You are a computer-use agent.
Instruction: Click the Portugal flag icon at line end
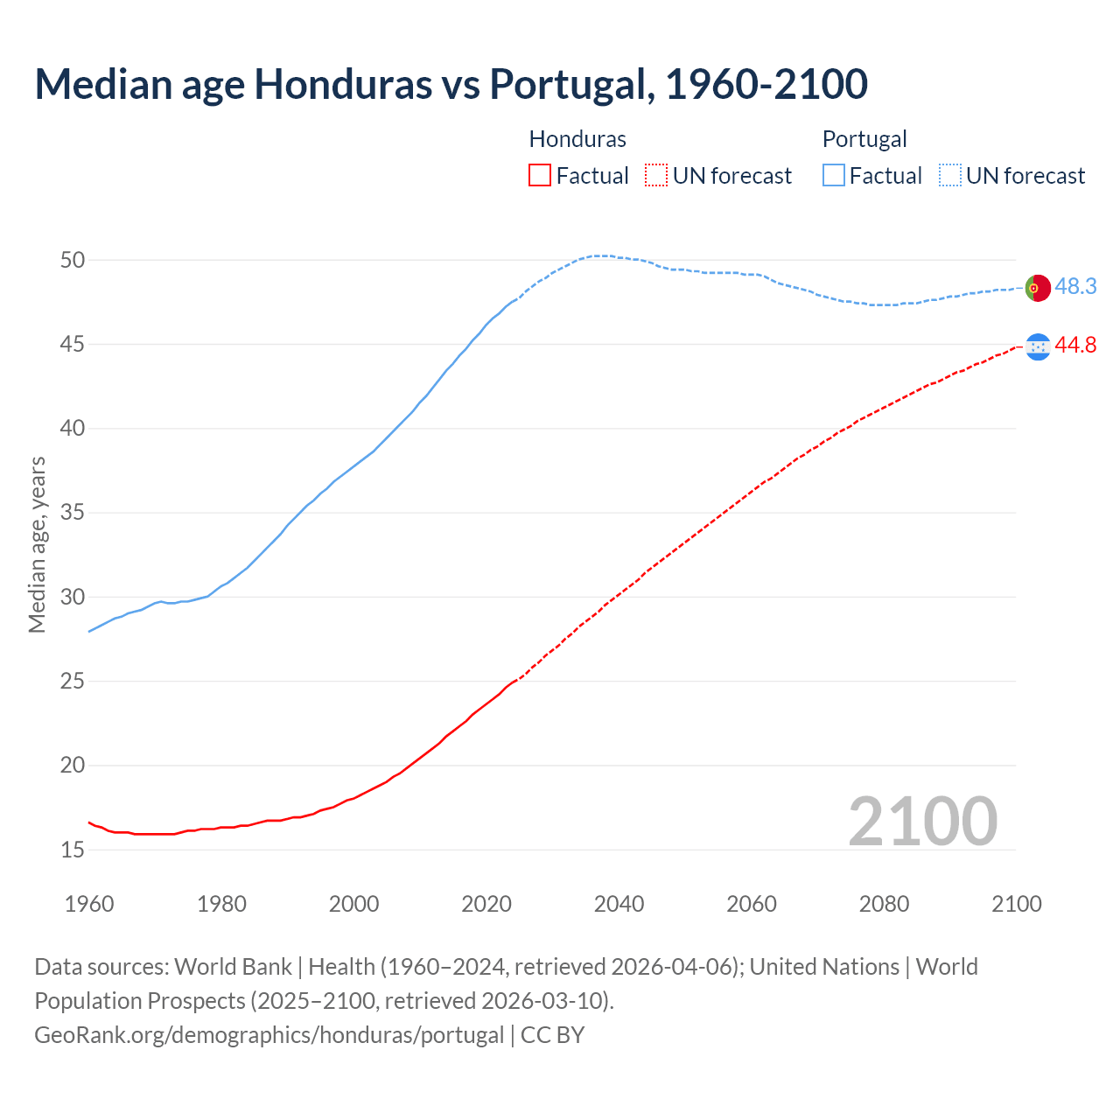coord(1038,287)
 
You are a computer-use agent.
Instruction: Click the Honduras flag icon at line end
coord(1038,346)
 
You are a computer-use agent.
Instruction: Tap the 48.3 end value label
coord(1075,287)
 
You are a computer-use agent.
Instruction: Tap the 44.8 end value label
coord(1075,346)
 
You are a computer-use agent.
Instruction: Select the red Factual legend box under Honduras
coord(540,176)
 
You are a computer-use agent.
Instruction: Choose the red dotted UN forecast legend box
coord(656,176)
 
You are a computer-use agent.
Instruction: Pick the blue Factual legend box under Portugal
coord(834,176)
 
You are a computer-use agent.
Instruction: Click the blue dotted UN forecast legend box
coord(950,176)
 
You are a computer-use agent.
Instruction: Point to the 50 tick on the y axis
coord(73,260)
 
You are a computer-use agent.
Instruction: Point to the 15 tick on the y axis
coord(73,850)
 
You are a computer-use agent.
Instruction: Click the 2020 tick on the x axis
coord(486,904)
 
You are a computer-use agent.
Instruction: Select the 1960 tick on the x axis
coord(89,904)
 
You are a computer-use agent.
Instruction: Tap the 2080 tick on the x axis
coord(884,904)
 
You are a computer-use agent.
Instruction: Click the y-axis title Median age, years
coord(37,544)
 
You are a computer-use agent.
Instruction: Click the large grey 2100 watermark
coord(922,822)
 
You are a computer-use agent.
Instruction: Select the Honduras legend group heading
coord(577,139)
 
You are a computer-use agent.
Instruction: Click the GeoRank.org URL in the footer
coord(269,1035)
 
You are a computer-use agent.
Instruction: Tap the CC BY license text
coord(552,1035)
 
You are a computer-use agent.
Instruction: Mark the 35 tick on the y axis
coord(73,513)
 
